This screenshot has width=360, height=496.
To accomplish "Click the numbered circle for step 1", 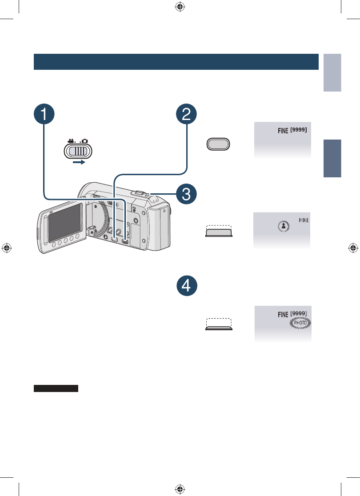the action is (44, 114).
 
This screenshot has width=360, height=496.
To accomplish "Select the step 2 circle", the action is (186, 114).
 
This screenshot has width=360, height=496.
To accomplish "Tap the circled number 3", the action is (186, 194).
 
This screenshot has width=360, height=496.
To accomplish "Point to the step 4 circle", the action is (187, 285).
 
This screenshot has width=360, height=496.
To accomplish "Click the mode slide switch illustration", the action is (78, 151).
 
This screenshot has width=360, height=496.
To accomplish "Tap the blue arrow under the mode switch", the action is (79, 162).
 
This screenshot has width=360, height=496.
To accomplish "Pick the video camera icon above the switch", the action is (71, 141).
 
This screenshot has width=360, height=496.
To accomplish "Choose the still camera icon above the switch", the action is (84, 141).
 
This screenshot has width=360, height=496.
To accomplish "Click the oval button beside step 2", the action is (218, 144).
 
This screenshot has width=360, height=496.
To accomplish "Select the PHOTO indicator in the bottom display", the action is (300, 323).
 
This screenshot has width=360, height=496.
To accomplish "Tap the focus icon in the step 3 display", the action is (284, 226).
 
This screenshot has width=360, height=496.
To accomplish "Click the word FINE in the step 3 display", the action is (304, 220).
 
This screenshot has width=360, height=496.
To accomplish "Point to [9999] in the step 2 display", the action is (299, 130).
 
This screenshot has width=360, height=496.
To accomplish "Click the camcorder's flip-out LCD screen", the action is (65, 223).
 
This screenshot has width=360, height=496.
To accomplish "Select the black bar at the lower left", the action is (56, 388).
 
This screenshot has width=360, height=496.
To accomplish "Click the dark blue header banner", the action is (176, 62).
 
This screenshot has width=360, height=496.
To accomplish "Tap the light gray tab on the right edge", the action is (332, 72).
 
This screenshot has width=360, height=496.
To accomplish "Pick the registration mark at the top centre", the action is (180, 6).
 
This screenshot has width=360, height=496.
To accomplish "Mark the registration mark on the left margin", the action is (7, 248).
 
